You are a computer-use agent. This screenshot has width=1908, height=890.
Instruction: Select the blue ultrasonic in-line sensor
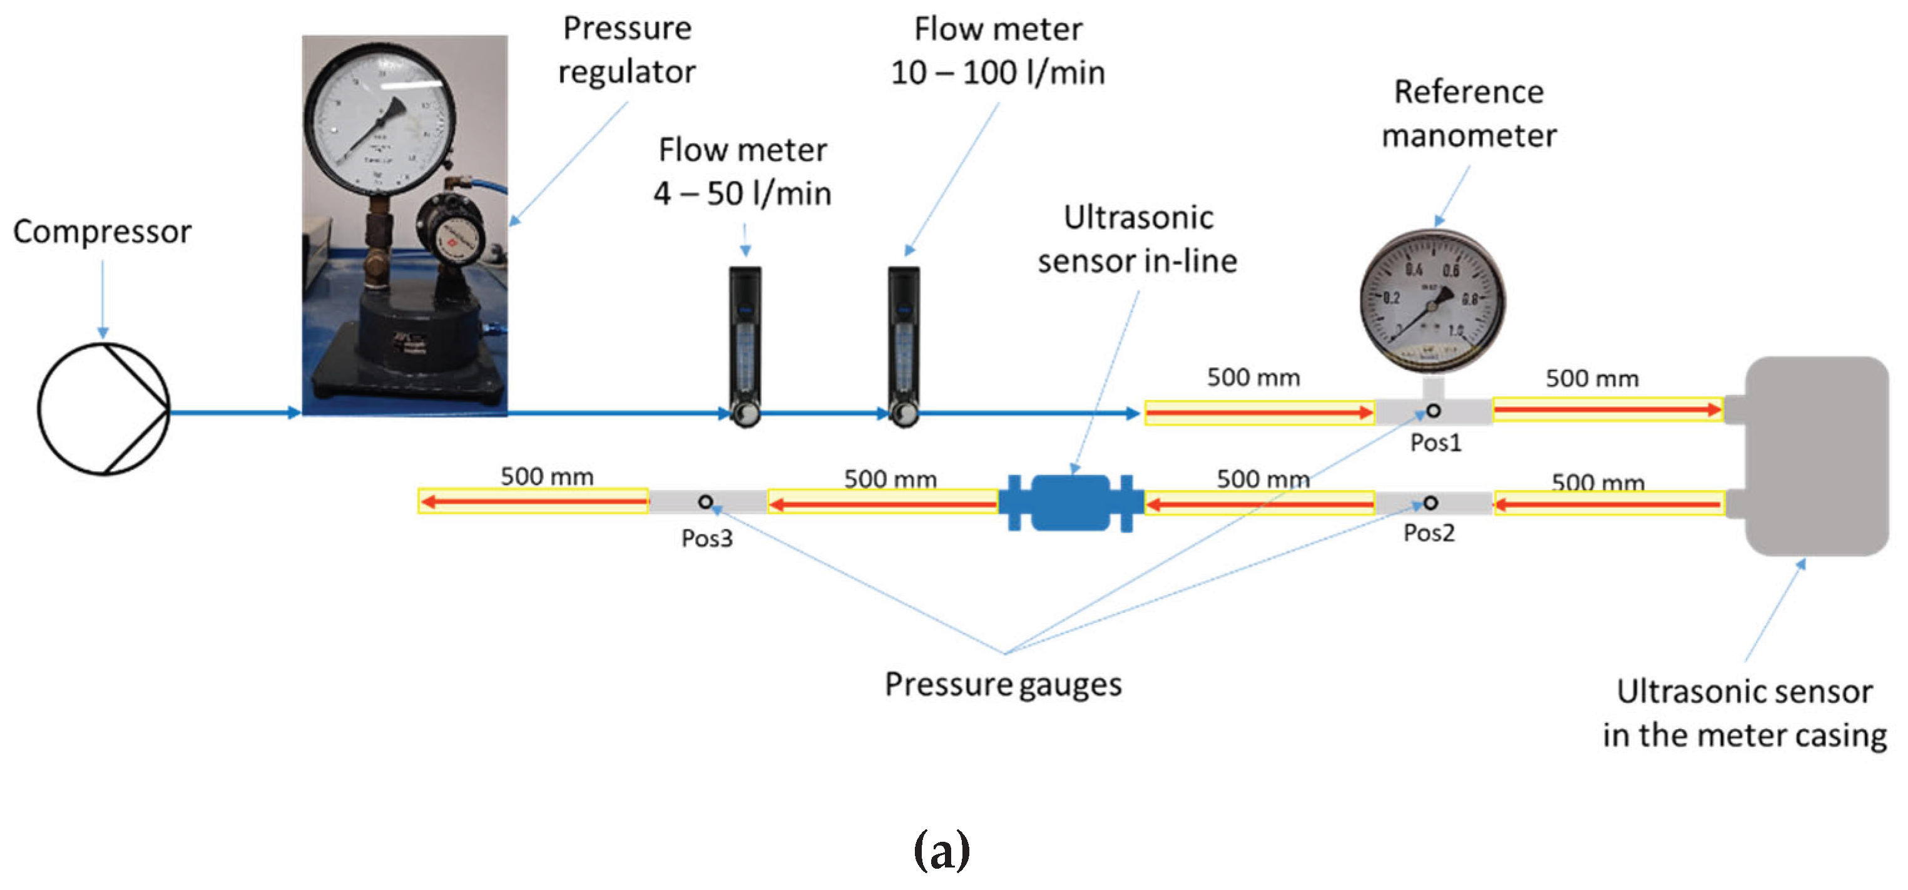[1070, 503]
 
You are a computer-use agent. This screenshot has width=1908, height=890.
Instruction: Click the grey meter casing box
[1815, 455]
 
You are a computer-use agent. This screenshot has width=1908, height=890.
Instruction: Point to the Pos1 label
[1436, 443]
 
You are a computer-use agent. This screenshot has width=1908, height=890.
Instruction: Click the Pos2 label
[1429, 533]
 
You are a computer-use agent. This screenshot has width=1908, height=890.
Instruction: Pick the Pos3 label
[707, 539]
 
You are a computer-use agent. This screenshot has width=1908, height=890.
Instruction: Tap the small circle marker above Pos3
[706, 503]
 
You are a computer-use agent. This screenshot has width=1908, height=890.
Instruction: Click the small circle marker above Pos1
[1434, 411]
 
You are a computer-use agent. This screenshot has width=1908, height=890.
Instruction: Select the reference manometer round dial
[1432, 300]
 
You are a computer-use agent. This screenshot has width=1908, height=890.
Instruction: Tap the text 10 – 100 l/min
[997, 73]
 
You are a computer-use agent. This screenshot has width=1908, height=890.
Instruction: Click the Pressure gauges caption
[1003, 684]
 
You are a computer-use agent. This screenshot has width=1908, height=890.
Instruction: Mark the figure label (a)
[941, 849]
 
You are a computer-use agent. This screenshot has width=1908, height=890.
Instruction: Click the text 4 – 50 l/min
[742, 194]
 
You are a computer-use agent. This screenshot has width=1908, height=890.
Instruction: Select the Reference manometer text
[1469, 113]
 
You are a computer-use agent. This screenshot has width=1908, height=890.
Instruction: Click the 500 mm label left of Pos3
[547, 476]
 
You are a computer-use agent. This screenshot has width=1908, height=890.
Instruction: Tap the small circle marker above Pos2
[1431, 503]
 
